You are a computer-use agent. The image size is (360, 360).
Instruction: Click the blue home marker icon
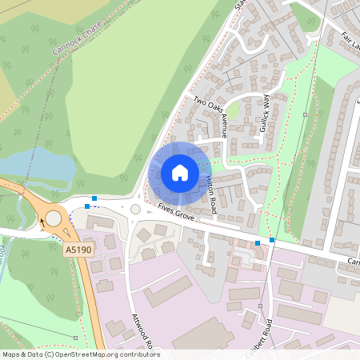(179, 173)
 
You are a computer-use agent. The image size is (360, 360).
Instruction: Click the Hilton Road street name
(210, 194)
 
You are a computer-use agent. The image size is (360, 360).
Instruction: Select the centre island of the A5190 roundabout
(54, 218)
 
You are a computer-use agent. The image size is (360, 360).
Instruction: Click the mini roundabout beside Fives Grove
(136, 209)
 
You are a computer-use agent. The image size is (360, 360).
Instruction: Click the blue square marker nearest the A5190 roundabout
(86, 206)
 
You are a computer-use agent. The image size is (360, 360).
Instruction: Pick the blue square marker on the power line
(272, 239)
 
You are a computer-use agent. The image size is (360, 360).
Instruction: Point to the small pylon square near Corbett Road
(261, 306)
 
